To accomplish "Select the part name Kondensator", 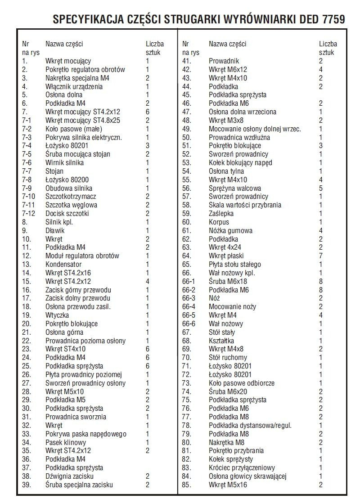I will point(63,264).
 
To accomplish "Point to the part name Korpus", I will point(219,222).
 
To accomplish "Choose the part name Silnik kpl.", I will point(59,222).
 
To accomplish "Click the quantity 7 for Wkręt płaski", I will point(321,256).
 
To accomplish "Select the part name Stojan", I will point(54,171).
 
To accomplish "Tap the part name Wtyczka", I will point(57,315).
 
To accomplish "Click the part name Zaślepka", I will point(222,213).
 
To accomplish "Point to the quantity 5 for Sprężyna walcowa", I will point(321,188).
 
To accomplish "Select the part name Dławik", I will point(55,230).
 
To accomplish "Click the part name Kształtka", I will point(221,341).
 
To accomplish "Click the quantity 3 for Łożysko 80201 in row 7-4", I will point(147,145).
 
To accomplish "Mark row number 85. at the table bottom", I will point(187,485).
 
